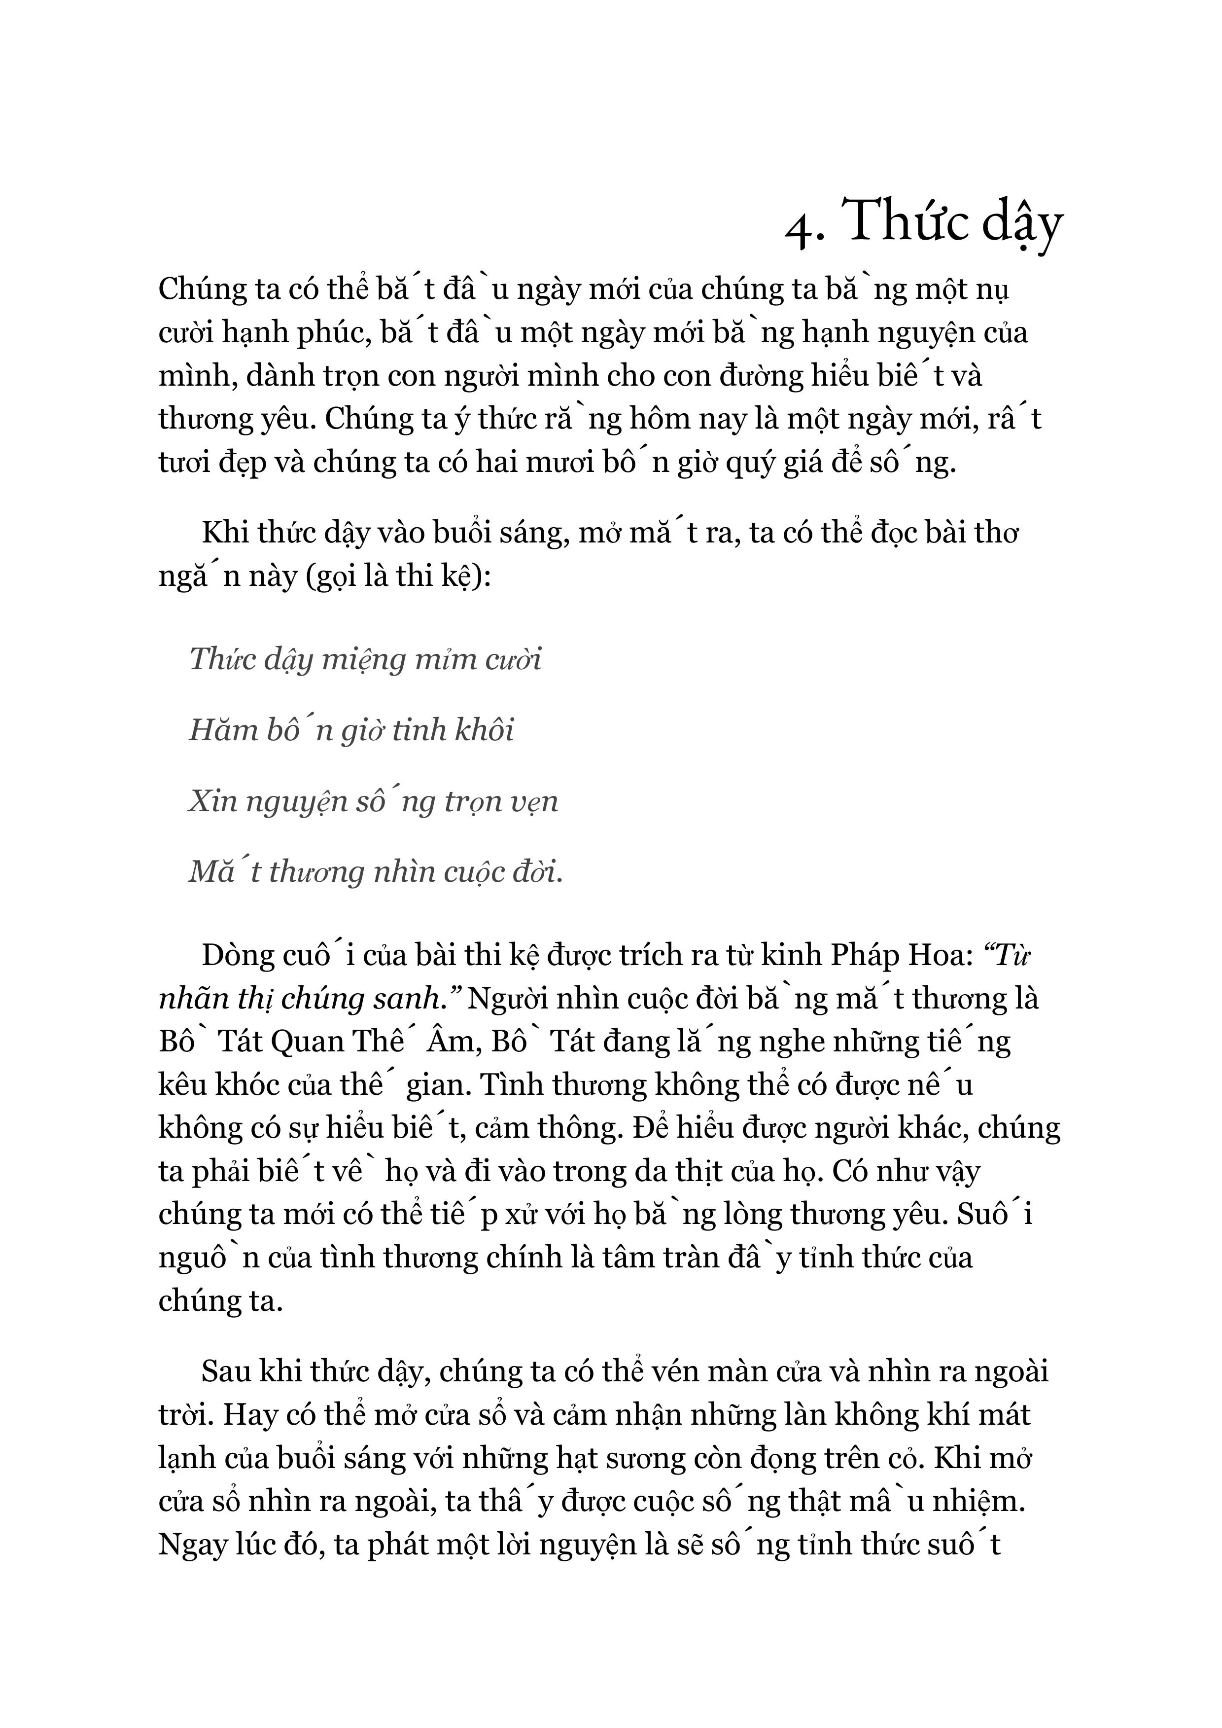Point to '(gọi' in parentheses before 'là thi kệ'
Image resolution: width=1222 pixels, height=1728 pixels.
point(340,577)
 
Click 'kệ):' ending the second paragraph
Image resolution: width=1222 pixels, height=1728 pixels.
point(464,577)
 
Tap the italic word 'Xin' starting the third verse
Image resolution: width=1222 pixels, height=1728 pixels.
point(211,801)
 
